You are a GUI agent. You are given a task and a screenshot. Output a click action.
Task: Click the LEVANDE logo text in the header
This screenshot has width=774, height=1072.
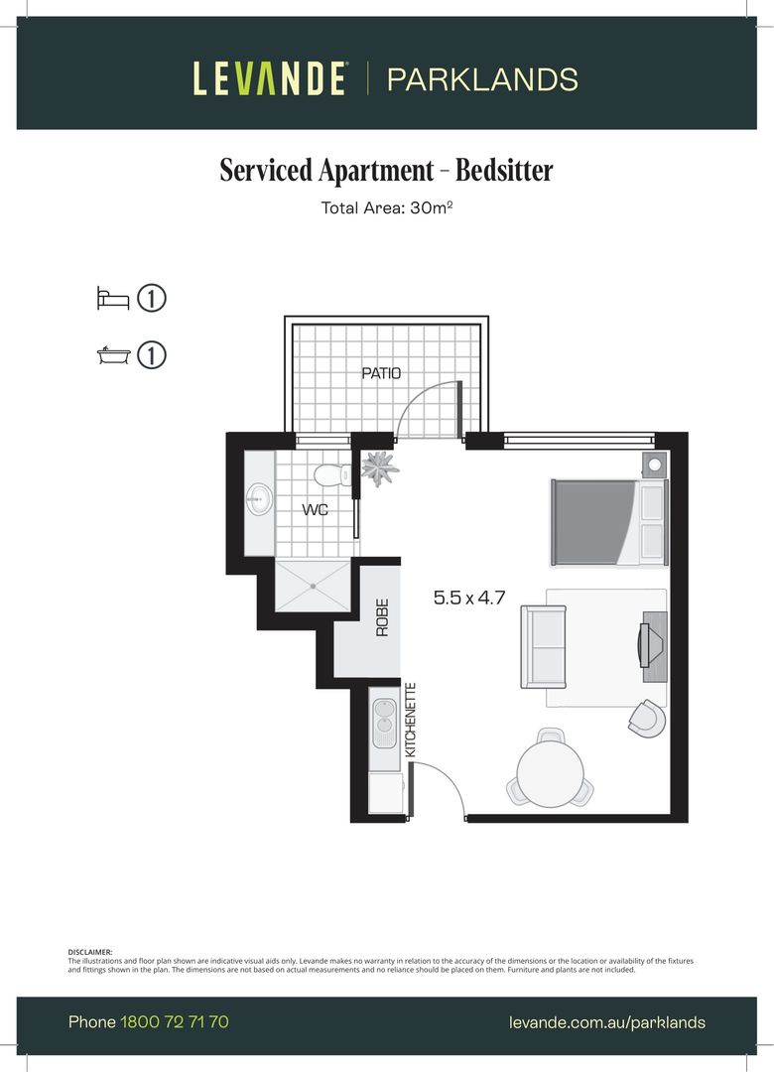(270, 78)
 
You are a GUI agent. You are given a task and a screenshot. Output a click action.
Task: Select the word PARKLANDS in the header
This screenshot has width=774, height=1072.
(482, 79)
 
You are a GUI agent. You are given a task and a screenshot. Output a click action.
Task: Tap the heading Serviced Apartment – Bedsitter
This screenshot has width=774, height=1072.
(386, 171)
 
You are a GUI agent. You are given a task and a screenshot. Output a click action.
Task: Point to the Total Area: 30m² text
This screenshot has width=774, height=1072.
(386, 208)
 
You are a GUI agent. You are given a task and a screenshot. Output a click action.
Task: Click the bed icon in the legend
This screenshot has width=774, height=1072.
(113, 299)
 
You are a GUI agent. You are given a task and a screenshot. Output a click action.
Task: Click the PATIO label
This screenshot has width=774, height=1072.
(381, 374)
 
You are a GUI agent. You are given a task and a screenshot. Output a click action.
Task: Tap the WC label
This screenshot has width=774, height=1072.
(316, 510)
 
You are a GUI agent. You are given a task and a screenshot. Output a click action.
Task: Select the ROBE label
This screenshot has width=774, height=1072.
(382, 617)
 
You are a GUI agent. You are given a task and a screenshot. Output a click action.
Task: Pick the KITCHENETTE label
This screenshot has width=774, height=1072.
(411, 721)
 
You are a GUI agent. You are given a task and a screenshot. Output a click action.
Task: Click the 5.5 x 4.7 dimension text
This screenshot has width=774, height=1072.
(470, 599)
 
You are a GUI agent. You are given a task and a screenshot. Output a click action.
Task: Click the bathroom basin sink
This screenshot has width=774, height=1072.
(261, 499)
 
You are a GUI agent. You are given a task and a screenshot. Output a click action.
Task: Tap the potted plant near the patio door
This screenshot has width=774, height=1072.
(378, 467)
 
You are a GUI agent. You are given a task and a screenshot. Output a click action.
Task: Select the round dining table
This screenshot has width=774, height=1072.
(550, 773)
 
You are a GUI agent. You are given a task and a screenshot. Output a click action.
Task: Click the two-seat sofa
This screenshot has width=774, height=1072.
(544, 646)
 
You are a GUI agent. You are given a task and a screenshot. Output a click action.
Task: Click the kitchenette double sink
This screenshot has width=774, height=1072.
(382, 725)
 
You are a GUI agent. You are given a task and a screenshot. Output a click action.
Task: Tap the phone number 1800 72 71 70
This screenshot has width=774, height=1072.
(175, 1021)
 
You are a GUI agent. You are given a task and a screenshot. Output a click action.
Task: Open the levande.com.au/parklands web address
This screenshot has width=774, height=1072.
(606, 1022)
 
